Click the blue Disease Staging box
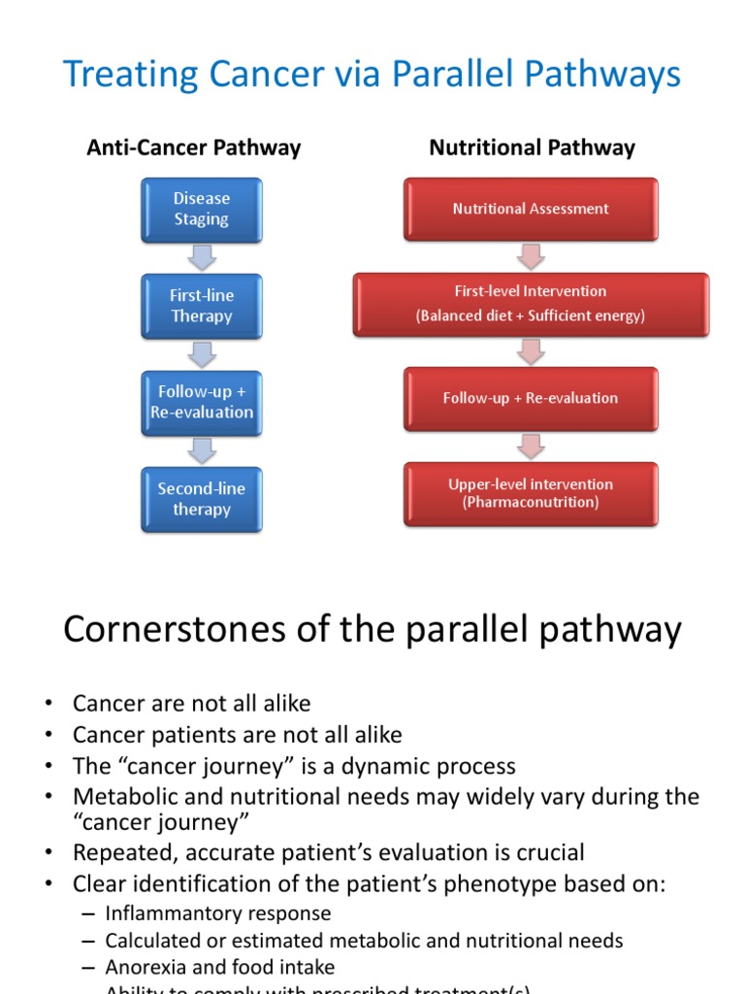tap(201, 209)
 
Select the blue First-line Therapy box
tap(201, 306)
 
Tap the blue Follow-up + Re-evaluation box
tap(201, 402)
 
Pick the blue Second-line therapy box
tap(201, 499)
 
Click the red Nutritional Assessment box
tap(531, 209)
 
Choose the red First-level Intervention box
tap(531, 304)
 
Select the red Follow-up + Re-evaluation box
tap(531, 398)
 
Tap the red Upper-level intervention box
tap(531, 493)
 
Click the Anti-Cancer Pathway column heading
tap(194, 148)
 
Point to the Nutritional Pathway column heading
tap(532, 148)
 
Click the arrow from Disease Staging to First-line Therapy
tap(202, 257)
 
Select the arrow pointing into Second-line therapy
tap(202, 450)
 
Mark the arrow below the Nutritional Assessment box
tap(531, 256)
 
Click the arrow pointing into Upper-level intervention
tap(531, 446)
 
